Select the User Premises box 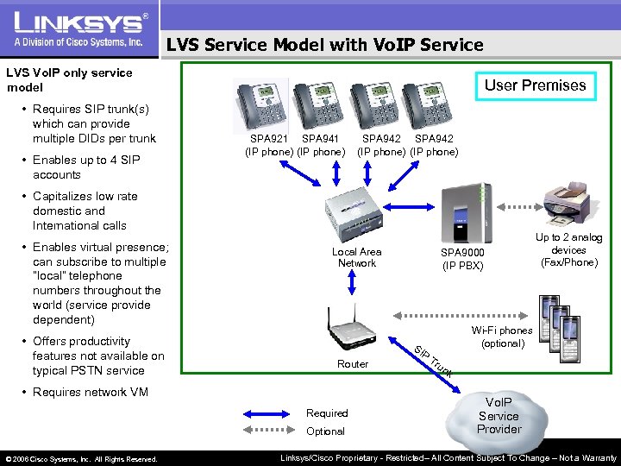coord(535,85)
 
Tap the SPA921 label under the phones coord(270,138)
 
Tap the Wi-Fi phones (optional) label coord(501,337)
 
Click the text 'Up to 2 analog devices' coord(568,249)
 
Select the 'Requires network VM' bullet coord(90,393)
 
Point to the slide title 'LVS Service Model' coord(324,45)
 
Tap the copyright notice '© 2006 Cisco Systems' coord(80,459)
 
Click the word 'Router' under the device coord(353,364)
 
